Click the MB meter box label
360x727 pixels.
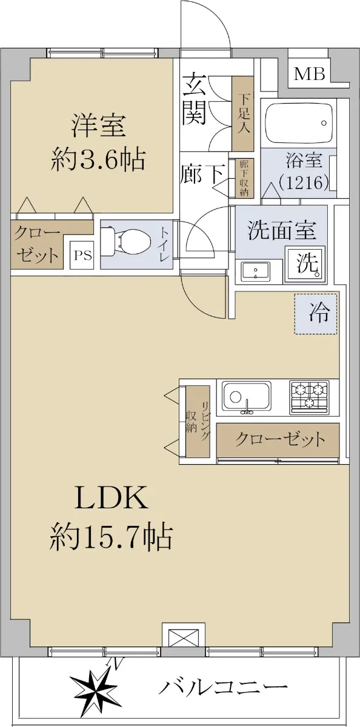[309, 74]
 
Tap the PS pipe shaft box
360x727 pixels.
[82, 255]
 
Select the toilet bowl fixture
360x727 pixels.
[126, 241]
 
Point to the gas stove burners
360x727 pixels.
[309, 397]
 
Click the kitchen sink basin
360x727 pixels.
[247, 397]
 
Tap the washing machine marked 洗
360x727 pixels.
[304, 264]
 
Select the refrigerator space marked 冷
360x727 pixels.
[316, 313]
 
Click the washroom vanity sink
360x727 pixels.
[256, 271]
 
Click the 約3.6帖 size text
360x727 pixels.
[98, 159]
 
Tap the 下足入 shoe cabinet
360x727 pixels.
[242, 114]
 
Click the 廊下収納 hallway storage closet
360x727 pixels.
[244, 178]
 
